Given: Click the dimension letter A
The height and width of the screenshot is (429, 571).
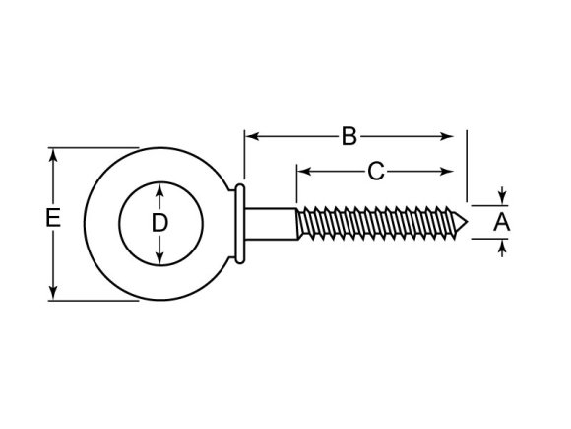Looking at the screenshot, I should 501,224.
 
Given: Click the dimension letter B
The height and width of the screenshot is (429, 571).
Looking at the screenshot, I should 349,136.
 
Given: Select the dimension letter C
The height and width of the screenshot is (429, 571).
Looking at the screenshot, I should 375,172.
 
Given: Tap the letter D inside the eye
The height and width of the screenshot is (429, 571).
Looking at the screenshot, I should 159,224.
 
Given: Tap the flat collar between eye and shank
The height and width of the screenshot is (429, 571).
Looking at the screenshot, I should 240,224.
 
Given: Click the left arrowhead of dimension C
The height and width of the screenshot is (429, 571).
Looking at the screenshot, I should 300,172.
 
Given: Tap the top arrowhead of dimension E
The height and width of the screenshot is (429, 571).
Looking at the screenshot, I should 54,154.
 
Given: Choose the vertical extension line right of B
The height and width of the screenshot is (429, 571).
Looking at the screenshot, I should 468,163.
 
